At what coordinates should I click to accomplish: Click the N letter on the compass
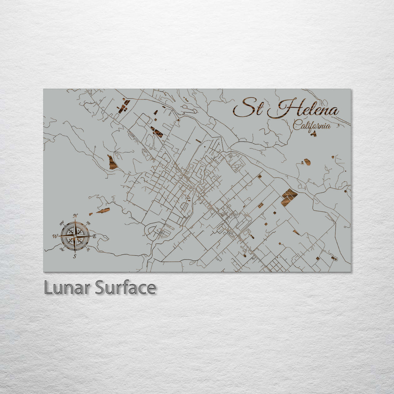coord(75,216)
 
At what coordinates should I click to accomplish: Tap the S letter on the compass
coord(75,256)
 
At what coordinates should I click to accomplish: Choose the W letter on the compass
coord(55,236)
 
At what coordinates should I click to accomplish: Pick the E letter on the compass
coord(94,236)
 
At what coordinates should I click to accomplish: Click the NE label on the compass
coord(89,223)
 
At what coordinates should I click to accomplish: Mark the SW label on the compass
coord(62,250)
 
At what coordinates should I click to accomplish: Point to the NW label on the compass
coord(62,223)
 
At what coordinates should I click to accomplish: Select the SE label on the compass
coord(88,250)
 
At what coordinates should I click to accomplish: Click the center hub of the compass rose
coord(75,236)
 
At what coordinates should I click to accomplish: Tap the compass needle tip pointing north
coord(75,220)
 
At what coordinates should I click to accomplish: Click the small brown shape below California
coord(313,134)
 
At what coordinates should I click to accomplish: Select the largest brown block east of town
coord(289,197)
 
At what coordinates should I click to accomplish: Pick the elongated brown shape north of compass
coord(103,210)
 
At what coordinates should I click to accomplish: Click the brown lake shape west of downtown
coord(112,162)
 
